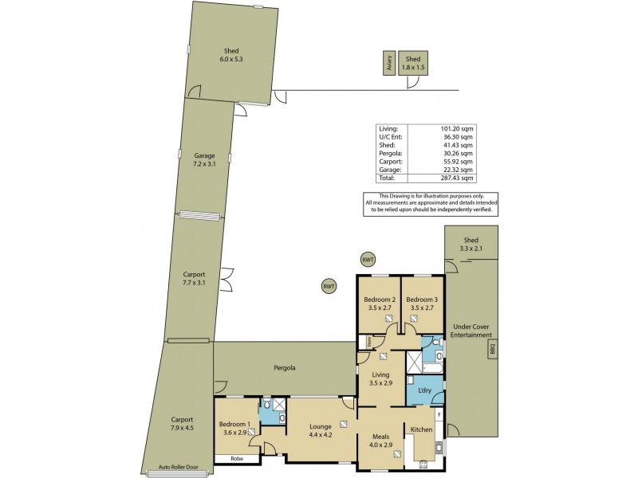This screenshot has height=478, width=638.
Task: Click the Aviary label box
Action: point(389,64)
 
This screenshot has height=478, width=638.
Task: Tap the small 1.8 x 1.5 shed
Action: point(412,64)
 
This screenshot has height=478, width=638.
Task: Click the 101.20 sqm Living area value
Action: point(460,127)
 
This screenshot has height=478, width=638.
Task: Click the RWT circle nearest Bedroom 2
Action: point(368,260)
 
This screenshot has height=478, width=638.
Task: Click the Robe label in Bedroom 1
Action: point(238,459)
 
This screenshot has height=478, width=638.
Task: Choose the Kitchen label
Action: point(421,429)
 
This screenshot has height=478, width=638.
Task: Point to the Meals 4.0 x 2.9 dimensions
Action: point(380,445)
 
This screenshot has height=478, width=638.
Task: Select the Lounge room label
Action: point(321,426)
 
